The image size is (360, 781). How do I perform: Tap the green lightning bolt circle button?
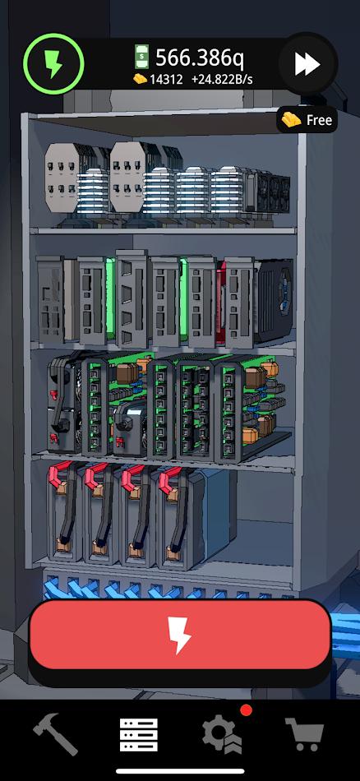(x=53, y=64)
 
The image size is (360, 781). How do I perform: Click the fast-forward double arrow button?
(x=307, y=64)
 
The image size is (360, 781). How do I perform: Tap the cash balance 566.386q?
(x=200, y=58)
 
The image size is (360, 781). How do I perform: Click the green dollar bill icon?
(x=141, y=57)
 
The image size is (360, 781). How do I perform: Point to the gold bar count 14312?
(x=166, y=79)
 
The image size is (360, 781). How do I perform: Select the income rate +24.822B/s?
(x=222, y=79)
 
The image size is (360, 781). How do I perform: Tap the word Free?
(x=319, y=121)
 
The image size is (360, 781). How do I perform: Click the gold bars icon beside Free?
(x=292, y=120)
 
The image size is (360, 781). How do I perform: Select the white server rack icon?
(x=139, y=734)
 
